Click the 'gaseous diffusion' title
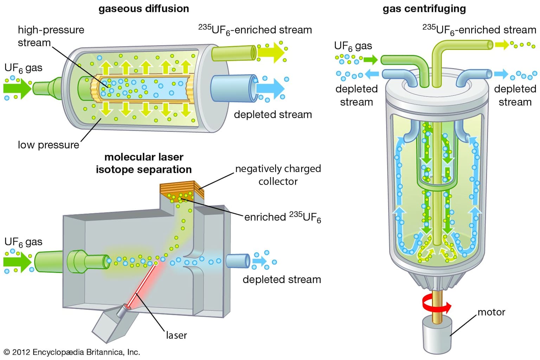coord(143,8)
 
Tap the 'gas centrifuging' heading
coord(424,8)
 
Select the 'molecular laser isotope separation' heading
coord(144,163)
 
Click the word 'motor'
coord(491,312)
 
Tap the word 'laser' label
coord(176,335)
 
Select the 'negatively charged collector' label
coord(278,175)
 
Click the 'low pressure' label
coord(49,145)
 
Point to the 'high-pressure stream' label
coord(51,36)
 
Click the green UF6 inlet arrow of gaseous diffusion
coord(17,88)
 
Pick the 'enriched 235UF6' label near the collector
coord(282,217)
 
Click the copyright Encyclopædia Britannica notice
coord(72,352)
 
